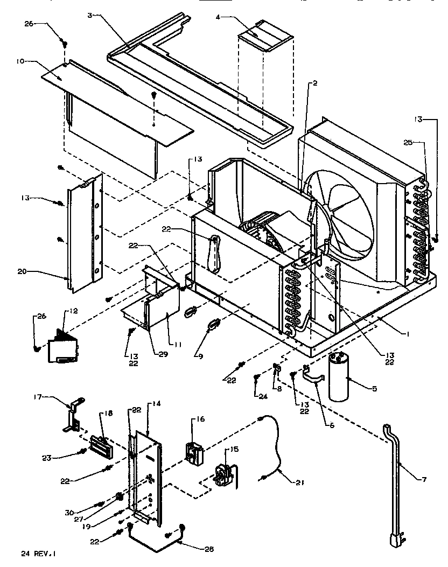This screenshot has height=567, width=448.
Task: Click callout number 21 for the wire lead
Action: tap(299, 482)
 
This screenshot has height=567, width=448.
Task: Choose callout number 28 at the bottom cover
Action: tap(209, 549)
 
